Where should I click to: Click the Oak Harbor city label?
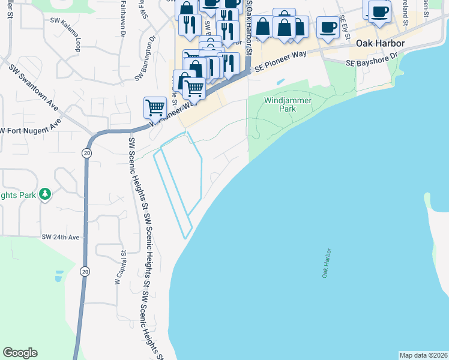point(379,44)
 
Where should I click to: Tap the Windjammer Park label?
point(288,104)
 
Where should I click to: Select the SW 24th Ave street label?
point(61,237)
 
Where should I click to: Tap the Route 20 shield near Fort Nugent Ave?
point(87,154)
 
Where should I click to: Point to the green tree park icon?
point(44,194)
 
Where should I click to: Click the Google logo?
point(20,353)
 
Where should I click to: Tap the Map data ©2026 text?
point(423,355)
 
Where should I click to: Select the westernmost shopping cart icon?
point(155,107)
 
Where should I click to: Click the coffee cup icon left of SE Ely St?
point(328,26)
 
